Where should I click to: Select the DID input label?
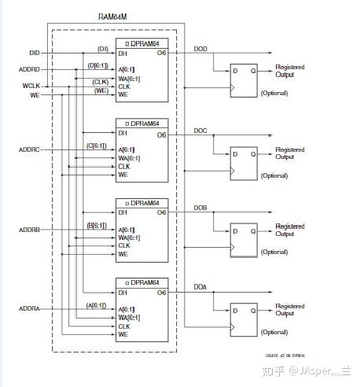pos(35,53)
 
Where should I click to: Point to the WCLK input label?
pos(31,85)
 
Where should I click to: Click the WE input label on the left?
pos(35,94)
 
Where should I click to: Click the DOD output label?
pos(201,49)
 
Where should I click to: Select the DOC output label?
pos(201,131)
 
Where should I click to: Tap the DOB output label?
pos(201,208)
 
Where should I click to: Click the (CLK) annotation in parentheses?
pos(101,81)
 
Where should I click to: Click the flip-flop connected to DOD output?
pos(241,79)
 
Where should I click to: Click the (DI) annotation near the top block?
pos(102,49)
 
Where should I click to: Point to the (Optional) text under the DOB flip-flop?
pos(274,252)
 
